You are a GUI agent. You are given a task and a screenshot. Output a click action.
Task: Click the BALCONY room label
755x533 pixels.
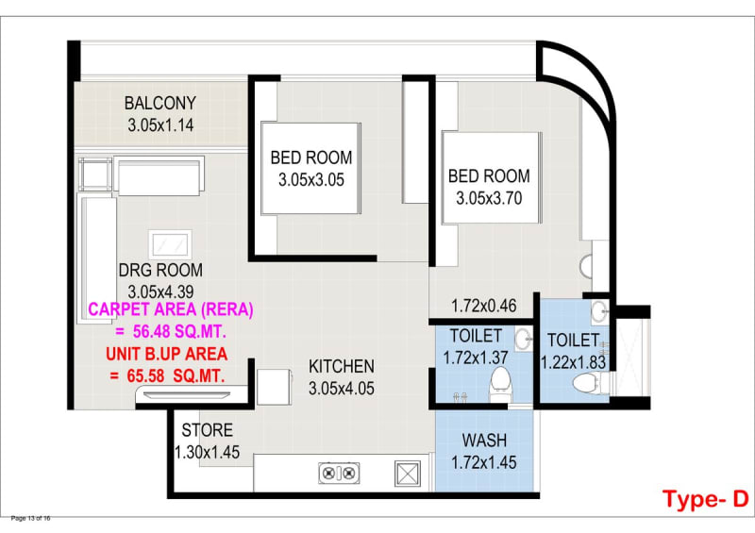point(160,103)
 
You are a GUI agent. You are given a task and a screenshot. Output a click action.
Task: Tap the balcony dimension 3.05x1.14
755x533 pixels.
point(160,125)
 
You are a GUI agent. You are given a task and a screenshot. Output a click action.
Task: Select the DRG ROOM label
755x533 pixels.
point(160,270)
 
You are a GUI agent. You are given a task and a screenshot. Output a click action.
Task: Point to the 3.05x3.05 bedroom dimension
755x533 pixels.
point(311,180)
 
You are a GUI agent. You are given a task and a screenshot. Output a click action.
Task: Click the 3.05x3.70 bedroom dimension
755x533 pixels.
point(489,198)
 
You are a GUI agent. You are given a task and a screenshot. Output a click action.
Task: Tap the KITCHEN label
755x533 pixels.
point(342,366)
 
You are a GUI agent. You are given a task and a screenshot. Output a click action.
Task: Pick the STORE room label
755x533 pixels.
point(208,430)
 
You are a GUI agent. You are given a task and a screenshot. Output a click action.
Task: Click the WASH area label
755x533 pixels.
point(484,441)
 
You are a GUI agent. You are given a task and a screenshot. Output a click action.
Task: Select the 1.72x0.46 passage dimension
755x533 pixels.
point(484,306)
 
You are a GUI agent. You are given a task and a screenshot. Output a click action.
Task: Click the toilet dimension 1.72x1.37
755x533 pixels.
point(476,358)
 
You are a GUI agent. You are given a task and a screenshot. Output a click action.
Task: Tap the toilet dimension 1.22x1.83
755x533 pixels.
point(574,362)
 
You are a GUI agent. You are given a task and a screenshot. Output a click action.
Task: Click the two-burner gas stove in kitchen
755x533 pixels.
point(339,473)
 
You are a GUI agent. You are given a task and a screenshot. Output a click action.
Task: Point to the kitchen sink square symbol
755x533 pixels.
point(408,474)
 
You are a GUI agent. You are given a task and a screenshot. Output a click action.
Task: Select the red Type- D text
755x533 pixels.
point(705,499)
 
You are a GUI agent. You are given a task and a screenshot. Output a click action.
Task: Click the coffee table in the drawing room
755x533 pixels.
point(170,244)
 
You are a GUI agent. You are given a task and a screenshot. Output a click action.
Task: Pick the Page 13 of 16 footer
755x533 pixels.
point(30,518)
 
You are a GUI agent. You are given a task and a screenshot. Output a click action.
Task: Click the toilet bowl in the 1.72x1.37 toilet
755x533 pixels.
point(499,382)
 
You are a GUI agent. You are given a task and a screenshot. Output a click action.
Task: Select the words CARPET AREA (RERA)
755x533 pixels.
point(171,309)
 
